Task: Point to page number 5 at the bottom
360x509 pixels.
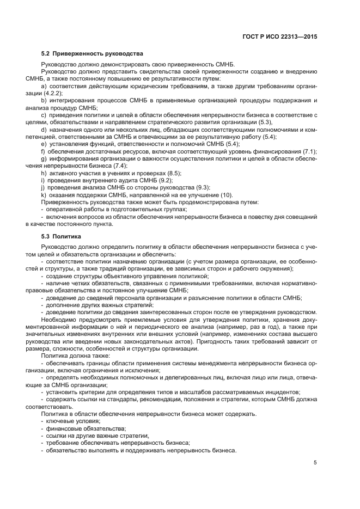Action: click(x=315, y=463)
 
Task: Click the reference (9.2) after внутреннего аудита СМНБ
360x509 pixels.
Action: click(x=163, y=180)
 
